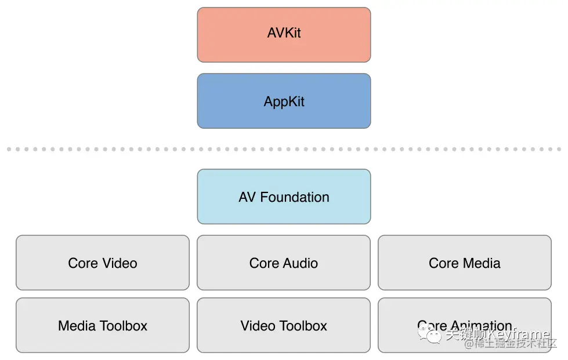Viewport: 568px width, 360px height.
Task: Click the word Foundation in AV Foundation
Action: point(295,197)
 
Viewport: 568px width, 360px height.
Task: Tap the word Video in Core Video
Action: point(120,263)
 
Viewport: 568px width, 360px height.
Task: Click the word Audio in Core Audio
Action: point(300,263)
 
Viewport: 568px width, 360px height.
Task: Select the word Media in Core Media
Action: point(482,263)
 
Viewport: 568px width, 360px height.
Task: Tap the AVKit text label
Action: point(284,32)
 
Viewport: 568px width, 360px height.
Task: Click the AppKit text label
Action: point(284,101)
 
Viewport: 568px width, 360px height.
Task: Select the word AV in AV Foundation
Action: point(247,197)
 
